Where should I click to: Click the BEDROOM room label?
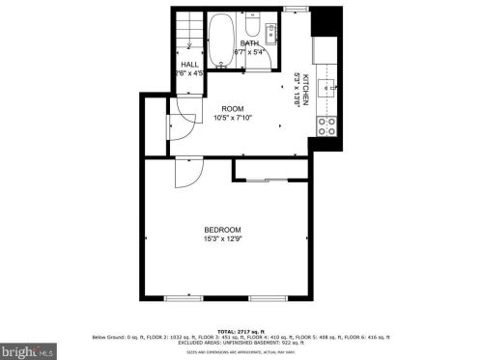[x=223, y=229]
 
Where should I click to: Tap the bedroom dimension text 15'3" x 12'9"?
[x=223, y=238]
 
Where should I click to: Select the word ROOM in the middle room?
[x=233, y=109]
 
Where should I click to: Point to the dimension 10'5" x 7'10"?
[x=233, y=119]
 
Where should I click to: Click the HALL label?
[x=189, y=64]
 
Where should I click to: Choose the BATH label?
[x=249, y=43]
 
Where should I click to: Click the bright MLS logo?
[x=28, y=347]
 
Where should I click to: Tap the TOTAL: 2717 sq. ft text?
[x=241, y=330]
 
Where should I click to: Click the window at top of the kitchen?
[x=297, y=9]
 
